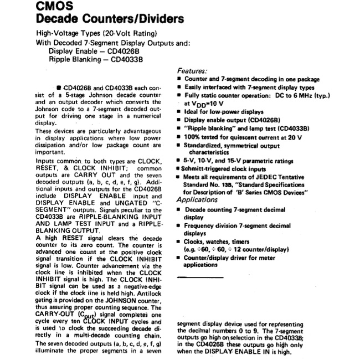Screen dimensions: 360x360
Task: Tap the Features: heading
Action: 192,71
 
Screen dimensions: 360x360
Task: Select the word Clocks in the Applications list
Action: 195,241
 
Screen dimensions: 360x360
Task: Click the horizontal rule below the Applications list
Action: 200,276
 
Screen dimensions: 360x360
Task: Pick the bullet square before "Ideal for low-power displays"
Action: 179,111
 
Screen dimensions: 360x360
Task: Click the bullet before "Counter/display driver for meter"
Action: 179,258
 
